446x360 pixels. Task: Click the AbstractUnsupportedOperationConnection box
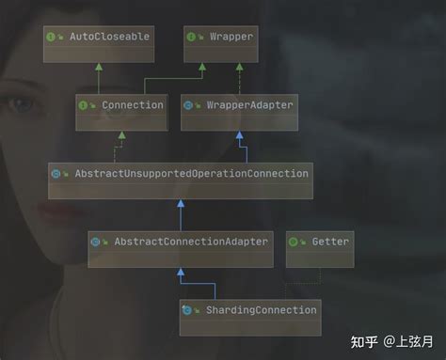click(x=180, y=174)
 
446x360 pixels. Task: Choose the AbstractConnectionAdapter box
click(x=180, y=242)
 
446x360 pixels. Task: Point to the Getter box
click(x=320, y=242)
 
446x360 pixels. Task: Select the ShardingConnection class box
click(x=249, y=309)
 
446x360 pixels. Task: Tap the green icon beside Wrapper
click(x=193, y=37)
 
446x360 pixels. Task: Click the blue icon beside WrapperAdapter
click(x=189, y=105)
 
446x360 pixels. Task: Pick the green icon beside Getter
click(x=294, y=242)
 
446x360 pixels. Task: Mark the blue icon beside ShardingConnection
click(x=187, y=309)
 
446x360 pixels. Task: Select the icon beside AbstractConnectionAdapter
click(x=96, y=242)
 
